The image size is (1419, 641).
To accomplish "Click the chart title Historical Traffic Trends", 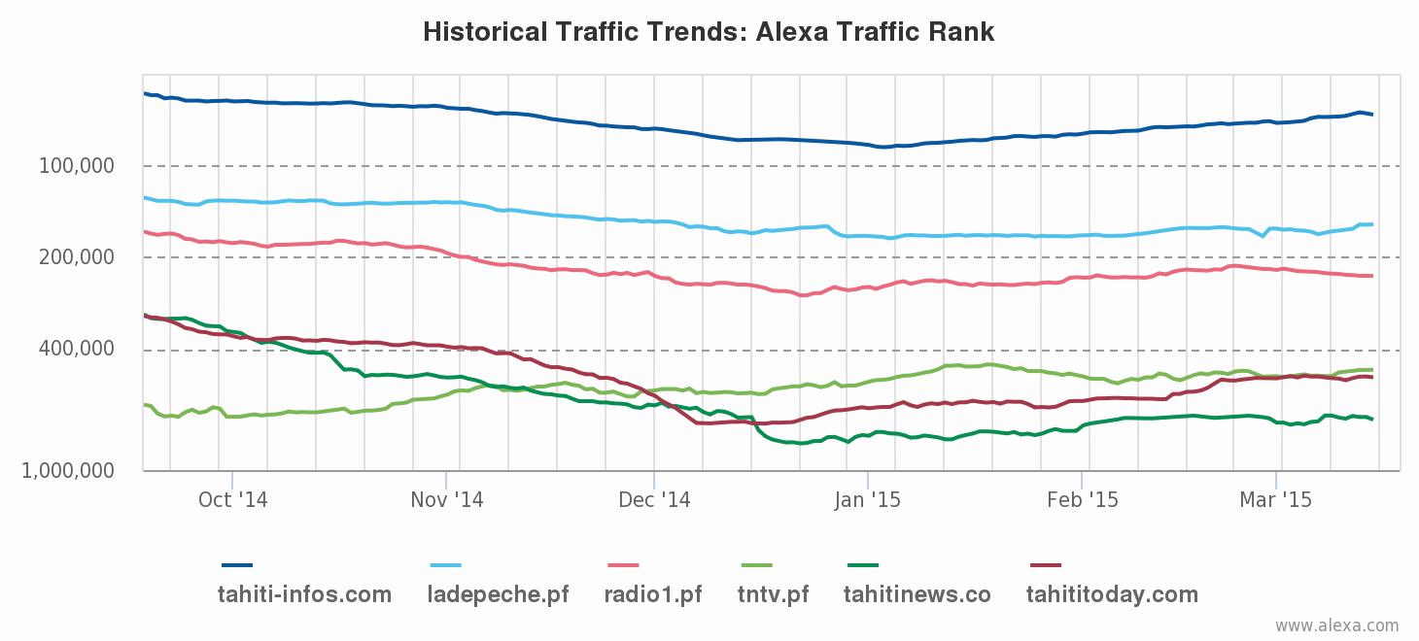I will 709,32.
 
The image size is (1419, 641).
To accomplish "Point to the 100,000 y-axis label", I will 77,166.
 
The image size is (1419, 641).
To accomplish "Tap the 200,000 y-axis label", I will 77,257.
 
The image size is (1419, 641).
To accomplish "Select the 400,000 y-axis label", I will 77,349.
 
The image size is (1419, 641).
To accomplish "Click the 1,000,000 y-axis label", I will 68,471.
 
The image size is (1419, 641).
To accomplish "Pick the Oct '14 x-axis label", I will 232,500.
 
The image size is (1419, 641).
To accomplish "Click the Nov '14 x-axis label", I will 446,500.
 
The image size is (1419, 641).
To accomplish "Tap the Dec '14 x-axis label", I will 654,500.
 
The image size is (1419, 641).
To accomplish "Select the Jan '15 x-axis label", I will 868,500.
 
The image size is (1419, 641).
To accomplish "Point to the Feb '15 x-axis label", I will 1082,500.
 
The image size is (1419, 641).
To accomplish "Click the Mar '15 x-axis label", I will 1275,500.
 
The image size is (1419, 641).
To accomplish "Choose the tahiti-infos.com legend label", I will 304,594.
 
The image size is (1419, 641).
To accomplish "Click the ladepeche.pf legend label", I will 499,594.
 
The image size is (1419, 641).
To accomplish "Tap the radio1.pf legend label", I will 653,594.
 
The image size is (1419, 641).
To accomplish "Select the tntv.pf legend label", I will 773,594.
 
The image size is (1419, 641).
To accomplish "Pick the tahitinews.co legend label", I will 917,594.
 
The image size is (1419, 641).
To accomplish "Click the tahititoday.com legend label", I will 1112,594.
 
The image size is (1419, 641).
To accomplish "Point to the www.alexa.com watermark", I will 1337,626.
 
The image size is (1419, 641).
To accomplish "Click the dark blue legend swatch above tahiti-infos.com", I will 237,565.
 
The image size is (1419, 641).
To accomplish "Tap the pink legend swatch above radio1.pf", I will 623,565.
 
